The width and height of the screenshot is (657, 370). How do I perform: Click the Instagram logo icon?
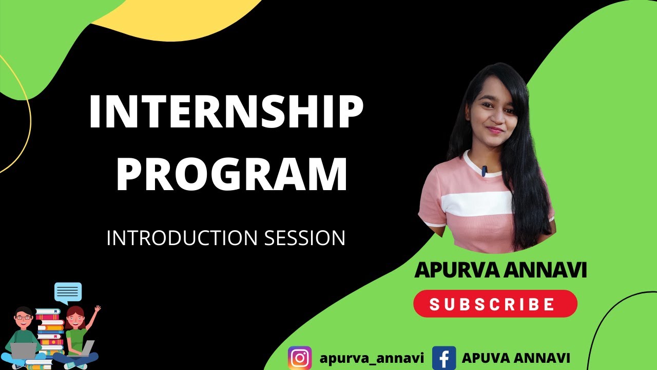[x=300, y=358]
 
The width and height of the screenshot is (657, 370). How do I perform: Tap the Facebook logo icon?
[x=444, y=358]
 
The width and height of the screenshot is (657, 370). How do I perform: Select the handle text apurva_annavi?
[x=372, y=358]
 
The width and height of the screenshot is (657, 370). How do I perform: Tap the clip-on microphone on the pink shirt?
[x=484, y=171]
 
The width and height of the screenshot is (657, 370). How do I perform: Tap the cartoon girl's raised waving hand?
[x=96, y=310]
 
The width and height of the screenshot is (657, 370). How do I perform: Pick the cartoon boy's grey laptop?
[x=24, y=351]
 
